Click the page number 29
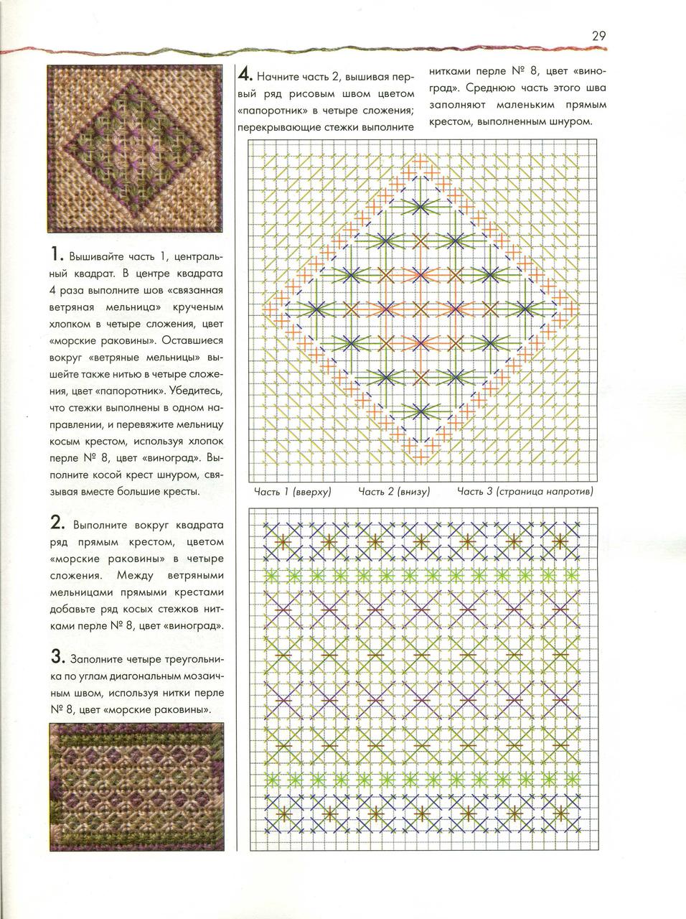point(600,35)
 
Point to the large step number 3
point(57,656)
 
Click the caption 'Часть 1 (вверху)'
point(292,492)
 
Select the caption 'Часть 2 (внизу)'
point(393,492)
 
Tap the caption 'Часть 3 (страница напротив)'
point(525,492)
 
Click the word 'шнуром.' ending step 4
point(573,121)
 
